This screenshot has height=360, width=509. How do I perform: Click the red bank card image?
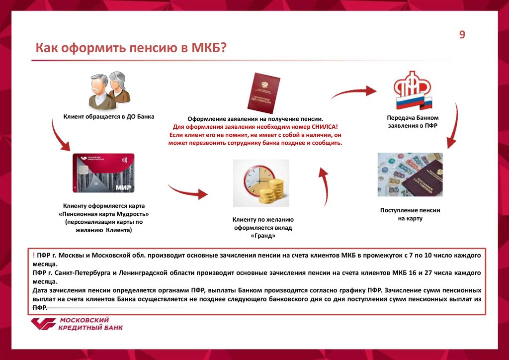[103, 173]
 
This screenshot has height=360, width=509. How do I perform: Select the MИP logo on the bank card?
[123, 187]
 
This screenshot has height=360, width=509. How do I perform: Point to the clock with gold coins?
[261, 182]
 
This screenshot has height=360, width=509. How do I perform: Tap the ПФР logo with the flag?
[413, 93]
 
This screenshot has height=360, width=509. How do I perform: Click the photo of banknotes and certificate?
[410, 176]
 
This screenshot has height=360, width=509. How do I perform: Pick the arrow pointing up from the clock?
[323, 186]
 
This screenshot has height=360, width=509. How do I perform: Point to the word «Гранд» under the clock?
[263, 236]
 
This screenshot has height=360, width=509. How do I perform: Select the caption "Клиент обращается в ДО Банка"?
[109, 116]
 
